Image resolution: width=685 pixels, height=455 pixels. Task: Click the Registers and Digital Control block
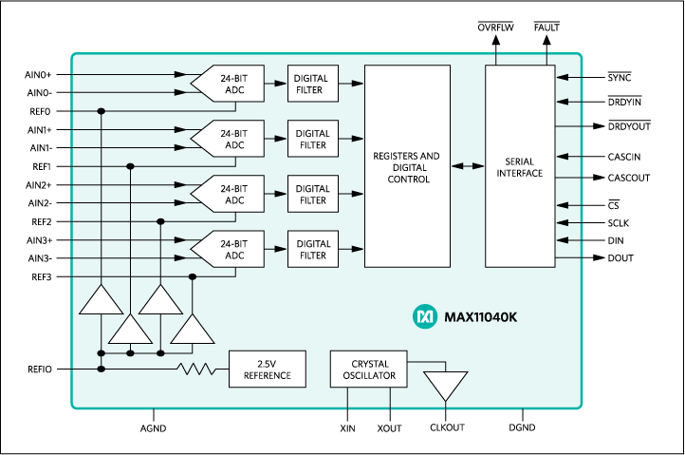(x=406, y=166)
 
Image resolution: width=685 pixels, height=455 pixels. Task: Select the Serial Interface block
(x=520, y=167)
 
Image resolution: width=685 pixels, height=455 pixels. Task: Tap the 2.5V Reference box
(x=267, y=369)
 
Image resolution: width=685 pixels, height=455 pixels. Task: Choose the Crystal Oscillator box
(x=368, y=370)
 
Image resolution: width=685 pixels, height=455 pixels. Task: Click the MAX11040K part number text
(x=480, y=315)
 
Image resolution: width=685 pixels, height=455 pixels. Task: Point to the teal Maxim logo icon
(x=423, y=315)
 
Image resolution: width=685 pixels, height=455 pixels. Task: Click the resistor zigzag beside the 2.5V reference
(x=198, y=369)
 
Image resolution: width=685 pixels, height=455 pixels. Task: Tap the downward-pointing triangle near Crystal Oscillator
(x=445, y=386)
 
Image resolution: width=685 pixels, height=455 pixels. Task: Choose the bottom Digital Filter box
(x=312, y=250)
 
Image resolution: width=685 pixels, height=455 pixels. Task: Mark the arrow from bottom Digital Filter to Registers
(x=350, y=250)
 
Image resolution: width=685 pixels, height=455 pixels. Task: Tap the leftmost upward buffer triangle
(x=101, y=300)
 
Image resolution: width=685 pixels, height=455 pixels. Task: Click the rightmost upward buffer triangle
(x=193, y=331)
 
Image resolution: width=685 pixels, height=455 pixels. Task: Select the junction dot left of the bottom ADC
(x=193, y=276)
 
